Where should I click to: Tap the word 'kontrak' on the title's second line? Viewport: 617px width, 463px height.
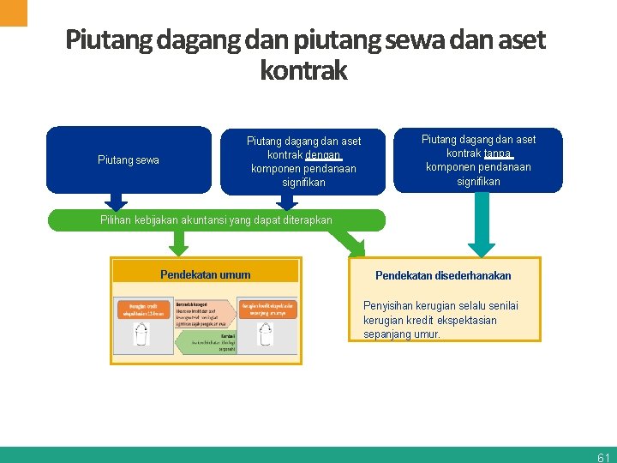tap(303, 70)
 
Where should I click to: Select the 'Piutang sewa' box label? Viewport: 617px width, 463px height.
tap(129, 160)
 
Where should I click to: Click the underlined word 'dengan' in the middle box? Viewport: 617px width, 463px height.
tap(322, 155)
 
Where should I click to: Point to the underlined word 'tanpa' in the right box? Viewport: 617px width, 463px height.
tap(497, 153)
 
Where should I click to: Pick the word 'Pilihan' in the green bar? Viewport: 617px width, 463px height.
tap(117, 220)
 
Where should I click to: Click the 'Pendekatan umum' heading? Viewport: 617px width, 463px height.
tap(206, 275)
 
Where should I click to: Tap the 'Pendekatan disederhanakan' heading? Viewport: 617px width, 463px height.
tap(443, 276)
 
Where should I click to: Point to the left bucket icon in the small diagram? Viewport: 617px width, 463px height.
tap(141, 334)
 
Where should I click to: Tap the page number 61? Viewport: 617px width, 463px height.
tap(603, 457)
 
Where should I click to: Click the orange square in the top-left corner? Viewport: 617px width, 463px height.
tap(13, 12)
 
